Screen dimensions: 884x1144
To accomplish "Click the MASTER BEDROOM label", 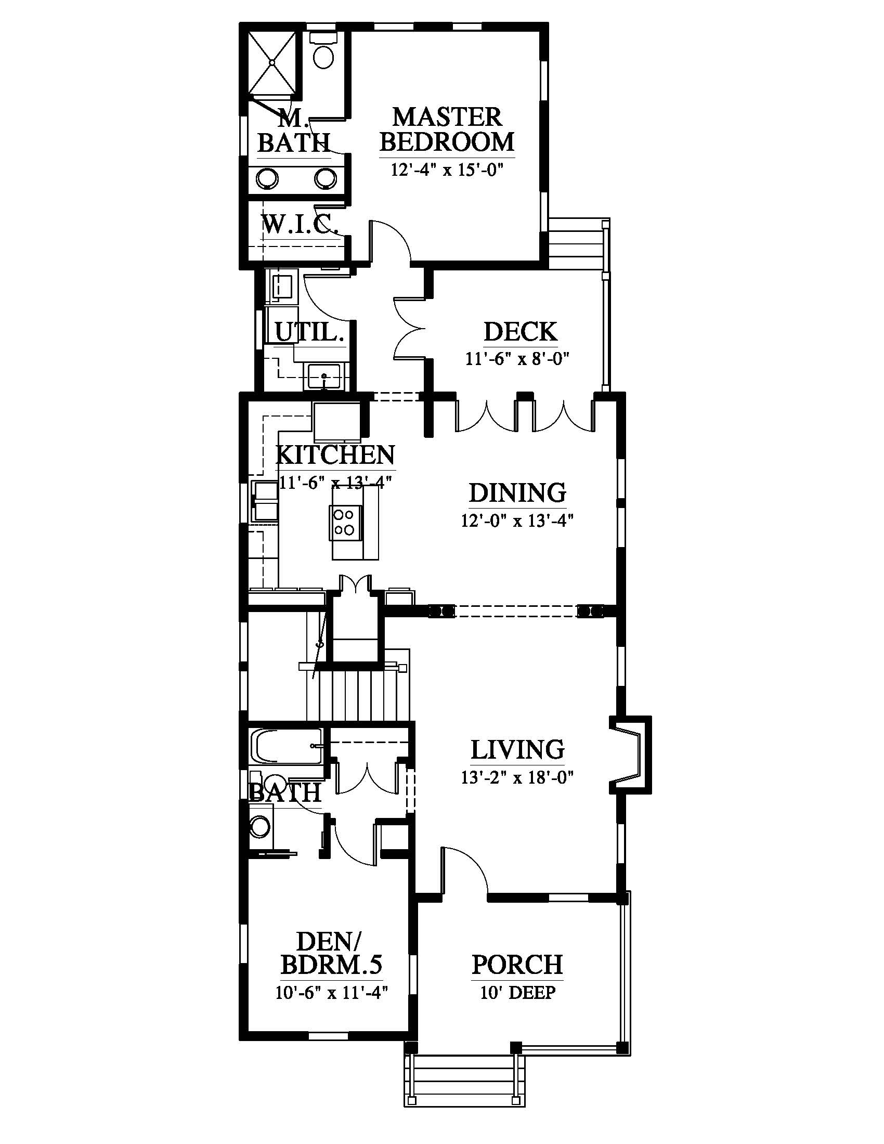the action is (x=447, y=129).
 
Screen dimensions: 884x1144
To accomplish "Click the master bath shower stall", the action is (x=272, y=62).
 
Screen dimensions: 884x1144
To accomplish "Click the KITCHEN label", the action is (x=335, y=454).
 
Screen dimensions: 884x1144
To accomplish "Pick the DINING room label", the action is (x=517, y=493).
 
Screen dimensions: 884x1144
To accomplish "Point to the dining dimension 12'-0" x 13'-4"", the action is (x=517, y=521).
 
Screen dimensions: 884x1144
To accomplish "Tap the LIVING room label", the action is (x=517, y=749).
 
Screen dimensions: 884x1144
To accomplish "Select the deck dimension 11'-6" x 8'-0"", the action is (x=517, y=359).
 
